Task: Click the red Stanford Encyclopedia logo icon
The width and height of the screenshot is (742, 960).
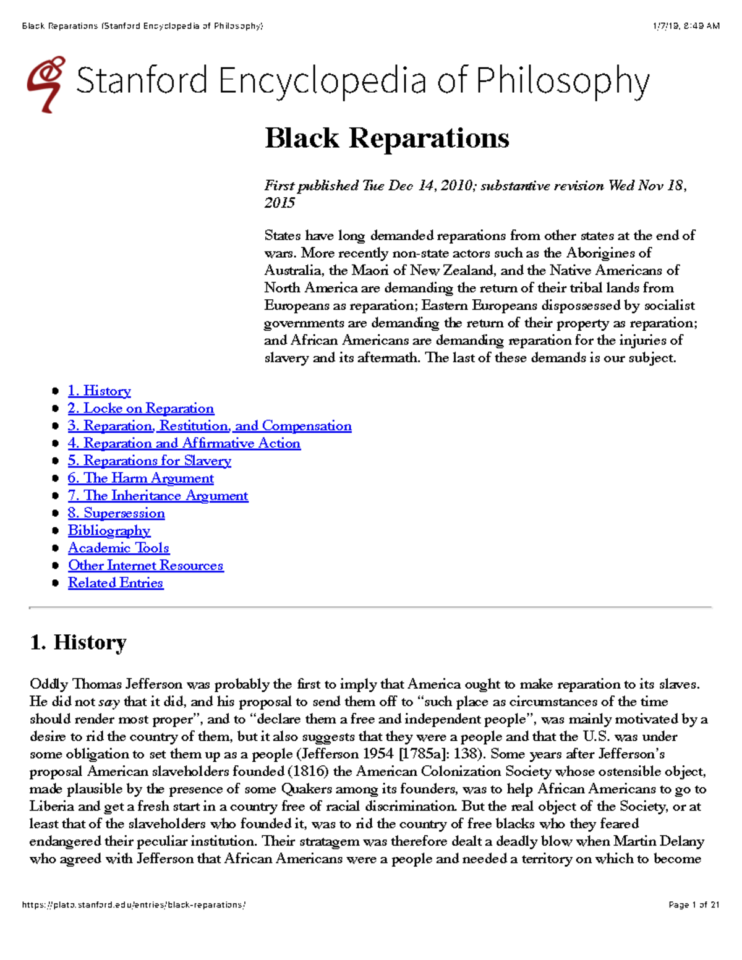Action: tap(46, 84)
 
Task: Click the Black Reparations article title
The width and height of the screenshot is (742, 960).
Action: tap(386, 138)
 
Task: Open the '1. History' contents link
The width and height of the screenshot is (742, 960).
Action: tap(100, 391)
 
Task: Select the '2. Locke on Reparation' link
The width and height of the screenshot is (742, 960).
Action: tap(141, 409)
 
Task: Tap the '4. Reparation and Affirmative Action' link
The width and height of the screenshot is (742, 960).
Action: tap(184, 443)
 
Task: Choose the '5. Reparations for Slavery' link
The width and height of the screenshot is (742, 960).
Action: tap(150, 461)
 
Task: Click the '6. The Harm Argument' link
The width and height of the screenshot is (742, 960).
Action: tap(141, 478)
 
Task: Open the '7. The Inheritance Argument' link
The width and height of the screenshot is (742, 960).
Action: tap(158, 496)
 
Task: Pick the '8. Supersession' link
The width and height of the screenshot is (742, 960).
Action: tap(116, 513)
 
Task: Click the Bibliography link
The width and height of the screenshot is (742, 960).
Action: tap(109, 530)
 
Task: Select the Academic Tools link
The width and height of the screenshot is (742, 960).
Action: tap(119, 548)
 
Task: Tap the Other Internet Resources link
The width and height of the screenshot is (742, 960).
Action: tap(146, 566)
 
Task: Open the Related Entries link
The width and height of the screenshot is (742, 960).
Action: tap(116, 583)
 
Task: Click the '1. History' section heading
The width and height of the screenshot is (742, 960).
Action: tap(78, 642)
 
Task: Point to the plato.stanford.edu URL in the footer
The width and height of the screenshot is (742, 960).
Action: tap(134, 905)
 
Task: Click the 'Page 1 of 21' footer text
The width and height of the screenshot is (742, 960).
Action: tap(694, 905)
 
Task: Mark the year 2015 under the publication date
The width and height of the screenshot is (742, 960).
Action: tap(279, 203)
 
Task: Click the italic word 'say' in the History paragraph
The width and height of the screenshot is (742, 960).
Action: tap(109, 702)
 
